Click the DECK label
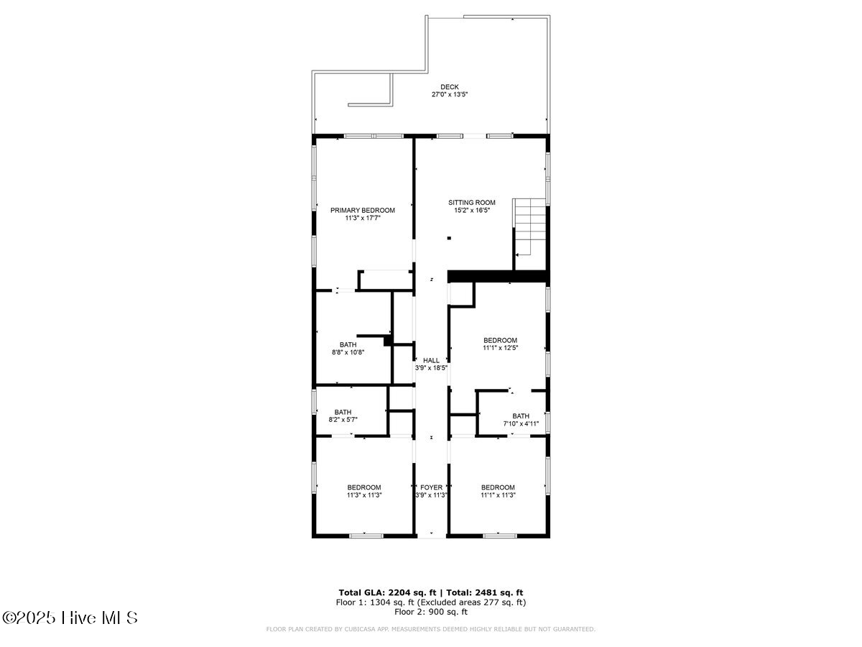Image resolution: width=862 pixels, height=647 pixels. (450, 87)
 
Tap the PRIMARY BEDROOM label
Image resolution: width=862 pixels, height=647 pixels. (363, 210)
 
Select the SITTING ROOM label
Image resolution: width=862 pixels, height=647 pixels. (472, 203)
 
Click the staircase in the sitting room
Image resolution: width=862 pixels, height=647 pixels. (530, 226)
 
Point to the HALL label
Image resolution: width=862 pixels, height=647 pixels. (431, 360)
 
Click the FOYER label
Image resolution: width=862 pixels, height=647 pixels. (431, 487)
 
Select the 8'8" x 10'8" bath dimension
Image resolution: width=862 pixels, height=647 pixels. (348, 352)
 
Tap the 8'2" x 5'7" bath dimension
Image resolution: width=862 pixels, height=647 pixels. (343, 419)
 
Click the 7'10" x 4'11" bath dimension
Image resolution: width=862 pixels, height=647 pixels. (521, 423)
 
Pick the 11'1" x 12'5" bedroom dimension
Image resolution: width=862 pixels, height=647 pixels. (500, 347)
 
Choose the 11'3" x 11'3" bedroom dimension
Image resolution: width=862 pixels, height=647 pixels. (364, 495)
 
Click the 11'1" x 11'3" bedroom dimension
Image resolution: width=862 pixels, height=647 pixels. (498, 495)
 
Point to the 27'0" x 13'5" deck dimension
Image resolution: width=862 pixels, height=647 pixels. (450, 94)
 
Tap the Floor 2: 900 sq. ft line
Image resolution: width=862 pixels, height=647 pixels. (431, 612)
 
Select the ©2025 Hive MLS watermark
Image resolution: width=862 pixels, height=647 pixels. (70, 618)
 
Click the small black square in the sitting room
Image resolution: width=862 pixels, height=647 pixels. (449, 239)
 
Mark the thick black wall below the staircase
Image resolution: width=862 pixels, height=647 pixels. (497, 276)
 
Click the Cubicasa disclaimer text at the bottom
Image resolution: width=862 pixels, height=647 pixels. (431, 629)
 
